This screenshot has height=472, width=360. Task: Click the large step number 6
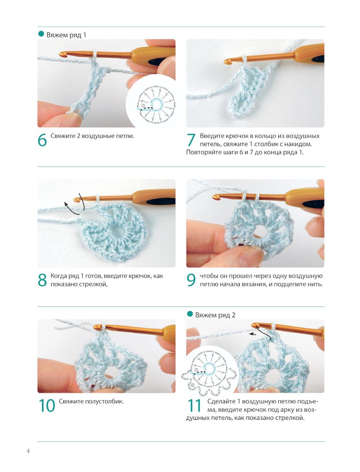point(42,140)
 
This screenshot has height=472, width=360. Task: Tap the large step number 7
point(191,140)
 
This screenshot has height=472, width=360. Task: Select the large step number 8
point(42,280)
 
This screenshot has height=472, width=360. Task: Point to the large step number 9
point(191,280)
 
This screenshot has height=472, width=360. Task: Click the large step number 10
point(47,405)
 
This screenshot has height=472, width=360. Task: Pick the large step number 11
point(194,405)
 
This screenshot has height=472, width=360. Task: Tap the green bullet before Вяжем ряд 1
point(41,34)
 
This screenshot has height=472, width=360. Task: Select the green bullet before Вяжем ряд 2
point(190,314)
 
